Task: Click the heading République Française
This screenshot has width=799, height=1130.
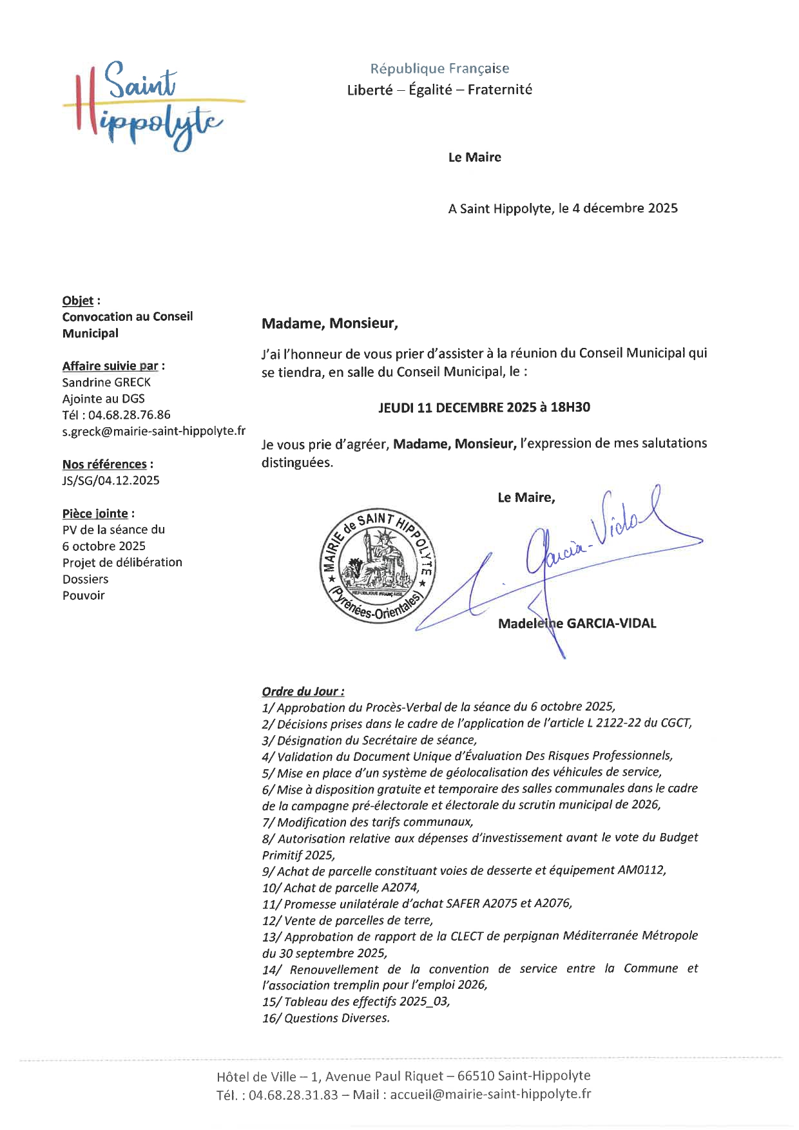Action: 439,68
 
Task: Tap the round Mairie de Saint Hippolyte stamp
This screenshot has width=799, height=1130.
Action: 378,566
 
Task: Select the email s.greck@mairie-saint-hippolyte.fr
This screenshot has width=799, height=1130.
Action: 153,431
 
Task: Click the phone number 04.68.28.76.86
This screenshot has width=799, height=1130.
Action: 129,415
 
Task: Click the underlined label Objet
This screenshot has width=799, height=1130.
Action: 78,301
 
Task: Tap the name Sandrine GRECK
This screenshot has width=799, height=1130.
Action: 106,382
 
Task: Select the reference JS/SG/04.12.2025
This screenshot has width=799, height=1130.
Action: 111,480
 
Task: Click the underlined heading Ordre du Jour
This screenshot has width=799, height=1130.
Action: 302,691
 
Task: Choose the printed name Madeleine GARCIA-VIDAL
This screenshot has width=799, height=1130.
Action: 577,623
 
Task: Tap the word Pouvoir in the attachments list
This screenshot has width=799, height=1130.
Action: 83,595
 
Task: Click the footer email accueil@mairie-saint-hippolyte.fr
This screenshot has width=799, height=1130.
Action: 490,1093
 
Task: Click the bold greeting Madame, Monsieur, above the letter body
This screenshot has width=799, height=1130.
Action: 329,323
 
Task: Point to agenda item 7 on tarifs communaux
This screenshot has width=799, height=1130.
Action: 367,822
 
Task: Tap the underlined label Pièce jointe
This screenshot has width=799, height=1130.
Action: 95,513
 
